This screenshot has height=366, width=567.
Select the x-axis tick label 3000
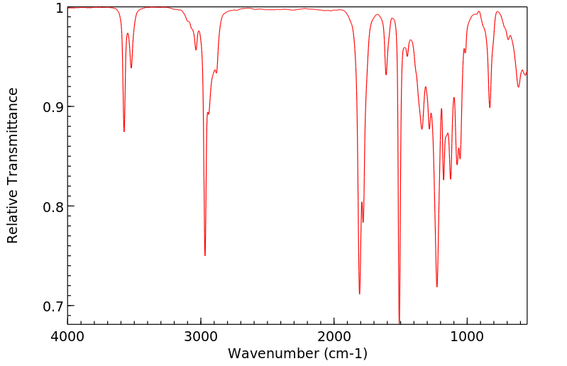point(201,336)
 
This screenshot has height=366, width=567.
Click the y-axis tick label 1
point(60,8)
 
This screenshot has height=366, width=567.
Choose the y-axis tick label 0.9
point(53,107)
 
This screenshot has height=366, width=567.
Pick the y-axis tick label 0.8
point(53,206)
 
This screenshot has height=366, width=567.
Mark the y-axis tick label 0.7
point(53,306)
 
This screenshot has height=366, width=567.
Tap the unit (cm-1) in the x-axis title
point(346,353)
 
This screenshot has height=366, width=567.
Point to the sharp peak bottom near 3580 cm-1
point(124,131)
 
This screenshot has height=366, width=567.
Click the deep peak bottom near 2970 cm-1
point(205,255)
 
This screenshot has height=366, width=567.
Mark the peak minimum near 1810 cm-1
point(360,294)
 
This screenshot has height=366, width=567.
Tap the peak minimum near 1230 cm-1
point(437,287)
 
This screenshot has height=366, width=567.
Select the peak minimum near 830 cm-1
point(490,107)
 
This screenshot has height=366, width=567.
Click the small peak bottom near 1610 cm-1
point(386,74)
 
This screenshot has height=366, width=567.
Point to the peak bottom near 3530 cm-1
point(131,67)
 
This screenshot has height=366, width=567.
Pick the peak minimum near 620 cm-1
point(519,87)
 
